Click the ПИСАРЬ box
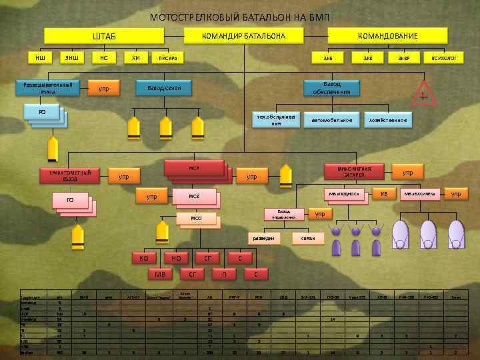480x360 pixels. pyautogui.click(x=168, y=58)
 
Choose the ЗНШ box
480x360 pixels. pyautogui.click(x=71, y=58)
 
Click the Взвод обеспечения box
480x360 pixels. pyautogui.click(x=331, y=88)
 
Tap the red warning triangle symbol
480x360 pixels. pyautogui.click(x=423, y=93)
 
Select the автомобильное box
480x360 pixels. pyautogui.click(x=331, y=120)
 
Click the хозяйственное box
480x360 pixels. pyautogui.click(x=387, y=120)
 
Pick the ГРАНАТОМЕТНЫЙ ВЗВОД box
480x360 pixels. pyautogui.click(x=70, y=176)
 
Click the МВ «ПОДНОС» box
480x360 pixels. pyautogui.click(x=344, y=194)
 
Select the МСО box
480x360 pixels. pyautogui.click(x=195, y=218)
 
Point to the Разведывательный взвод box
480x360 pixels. pyautogui.click(x=48, y=88)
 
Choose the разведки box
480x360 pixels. pyautogui.click(x=265, y=237)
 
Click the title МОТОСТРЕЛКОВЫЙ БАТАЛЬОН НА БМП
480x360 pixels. pyautogui.click(x=240, y=16)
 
